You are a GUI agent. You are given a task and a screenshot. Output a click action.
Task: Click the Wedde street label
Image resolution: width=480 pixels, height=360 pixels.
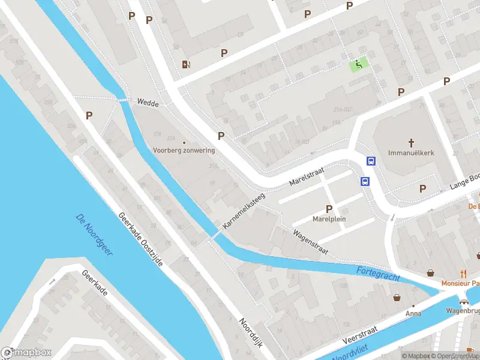(147, 103)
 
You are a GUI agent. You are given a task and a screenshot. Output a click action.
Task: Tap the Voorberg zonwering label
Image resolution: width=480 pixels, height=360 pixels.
(183, 150)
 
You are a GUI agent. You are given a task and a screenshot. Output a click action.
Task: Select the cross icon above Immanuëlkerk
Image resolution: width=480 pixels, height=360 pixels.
(411, 143)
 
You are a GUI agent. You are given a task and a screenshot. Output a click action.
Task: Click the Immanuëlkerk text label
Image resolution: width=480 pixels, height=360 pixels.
(411, 153)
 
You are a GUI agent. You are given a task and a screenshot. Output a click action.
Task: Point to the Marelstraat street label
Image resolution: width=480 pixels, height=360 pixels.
(306, 176)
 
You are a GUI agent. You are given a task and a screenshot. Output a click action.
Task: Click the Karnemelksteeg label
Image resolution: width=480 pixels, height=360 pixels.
(243, 210)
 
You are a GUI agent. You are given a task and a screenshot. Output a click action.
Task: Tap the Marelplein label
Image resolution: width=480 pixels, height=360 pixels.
(329, 219)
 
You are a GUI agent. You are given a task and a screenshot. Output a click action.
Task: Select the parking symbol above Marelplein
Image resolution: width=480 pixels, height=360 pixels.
(329, 208)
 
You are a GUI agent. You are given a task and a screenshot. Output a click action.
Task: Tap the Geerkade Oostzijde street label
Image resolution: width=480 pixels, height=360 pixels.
(140, 240)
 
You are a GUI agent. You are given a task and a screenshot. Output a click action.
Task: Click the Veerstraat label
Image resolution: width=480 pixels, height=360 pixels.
(360, 334)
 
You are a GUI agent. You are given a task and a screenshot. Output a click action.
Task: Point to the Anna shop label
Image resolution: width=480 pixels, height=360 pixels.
(413, 313)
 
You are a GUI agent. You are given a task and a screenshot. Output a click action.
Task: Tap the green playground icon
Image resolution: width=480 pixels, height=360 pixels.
(359, 64)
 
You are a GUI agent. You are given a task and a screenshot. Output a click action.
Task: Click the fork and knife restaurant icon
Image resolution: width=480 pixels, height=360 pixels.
(463, 274)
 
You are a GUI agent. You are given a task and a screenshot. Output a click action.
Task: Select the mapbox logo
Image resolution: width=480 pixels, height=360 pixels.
(26, 353)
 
